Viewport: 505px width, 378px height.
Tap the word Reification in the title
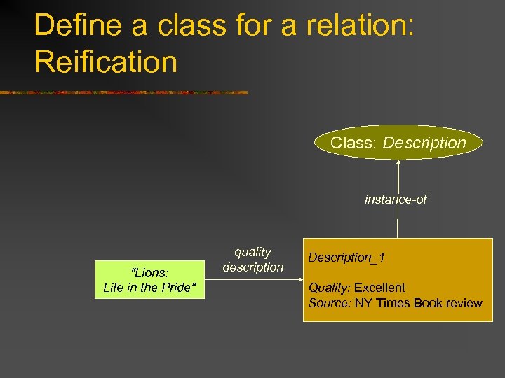click(105, 62)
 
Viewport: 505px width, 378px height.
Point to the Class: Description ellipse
click(398, 143)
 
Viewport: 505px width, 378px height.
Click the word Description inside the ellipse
click(424, 143)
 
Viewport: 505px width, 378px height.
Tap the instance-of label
click(396, 199)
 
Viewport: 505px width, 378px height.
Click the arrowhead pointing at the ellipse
click(398, 164)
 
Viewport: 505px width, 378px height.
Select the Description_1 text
click(346, 258)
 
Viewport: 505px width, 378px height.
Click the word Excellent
click(379, 288)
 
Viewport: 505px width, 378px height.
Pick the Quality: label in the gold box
click(330, 288)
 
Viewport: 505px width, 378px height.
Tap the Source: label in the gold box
click(330, 303)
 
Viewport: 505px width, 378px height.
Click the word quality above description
click(252, 252)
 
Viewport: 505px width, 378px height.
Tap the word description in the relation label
click(252, 267)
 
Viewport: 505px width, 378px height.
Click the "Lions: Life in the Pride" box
click(149, 280)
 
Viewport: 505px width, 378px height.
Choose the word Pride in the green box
click(180, 287)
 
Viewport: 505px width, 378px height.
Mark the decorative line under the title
click(123, 92)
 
